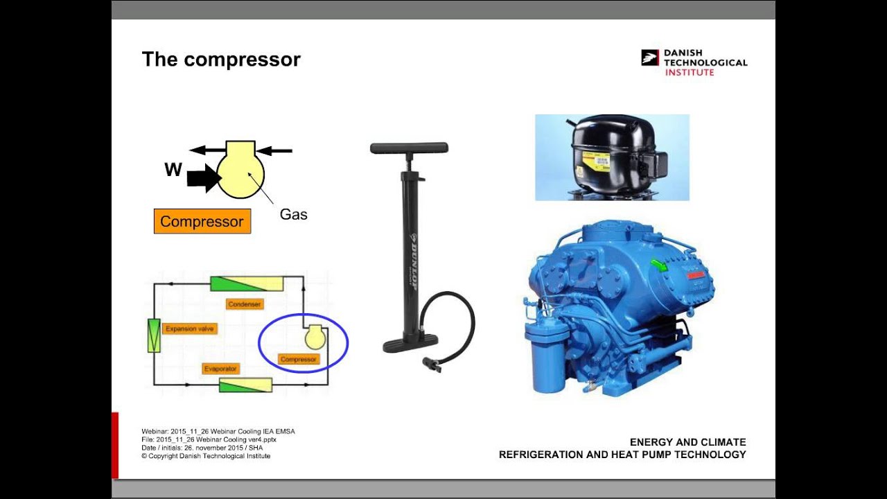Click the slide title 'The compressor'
click(x=221, y=60)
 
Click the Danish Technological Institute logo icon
click(x=649, y=58)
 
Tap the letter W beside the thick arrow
click(x=173, y=170)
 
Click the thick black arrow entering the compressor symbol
click(x=203, y=178)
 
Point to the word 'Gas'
click(x=293, y=215)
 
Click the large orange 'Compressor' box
click(x=202, y=222)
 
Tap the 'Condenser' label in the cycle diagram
click(x=245, y=304)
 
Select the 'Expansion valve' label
click(x=189, y=329)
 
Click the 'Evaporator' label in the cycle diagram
click(x=221, y=369)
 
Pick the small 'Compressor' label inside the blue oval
click(x=299, y=359)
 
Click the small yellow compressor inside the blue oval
click(x=315, y=337)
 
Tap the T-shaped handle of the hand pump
click(x=409, y=148)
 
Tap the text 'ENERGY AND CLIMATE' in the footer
click(x=687, y=442)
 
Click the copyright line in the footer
click(x=206, y=456)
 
